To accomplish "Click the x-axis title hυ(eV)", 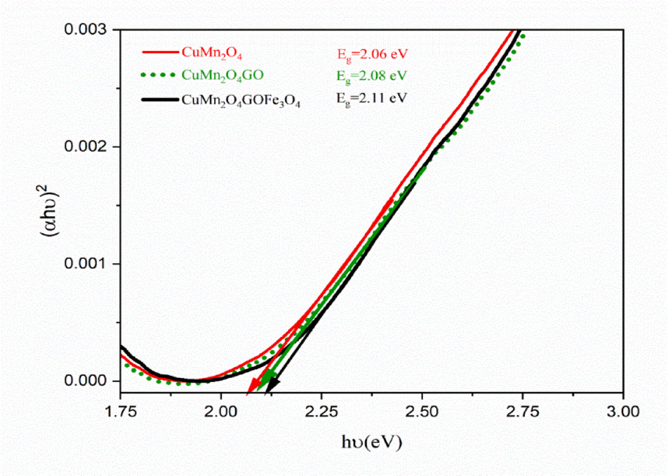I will pyautogui.click(x=371, y=443).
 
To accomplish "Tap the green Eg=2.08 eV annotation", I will pyautogui.click(x=369, y=75).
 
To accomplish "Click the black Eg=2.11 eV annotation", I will pyautogui.click(x=369, y=97).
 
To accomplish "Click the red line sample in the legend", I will pyautogui.click(x=160, y=52).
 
